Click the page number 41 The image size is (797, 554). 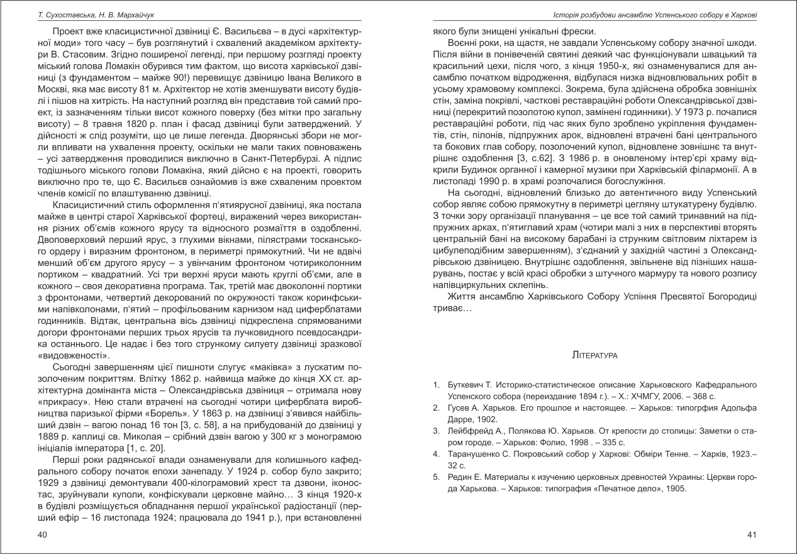750,534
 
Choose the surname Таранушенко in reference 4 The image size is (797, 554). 469,454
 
